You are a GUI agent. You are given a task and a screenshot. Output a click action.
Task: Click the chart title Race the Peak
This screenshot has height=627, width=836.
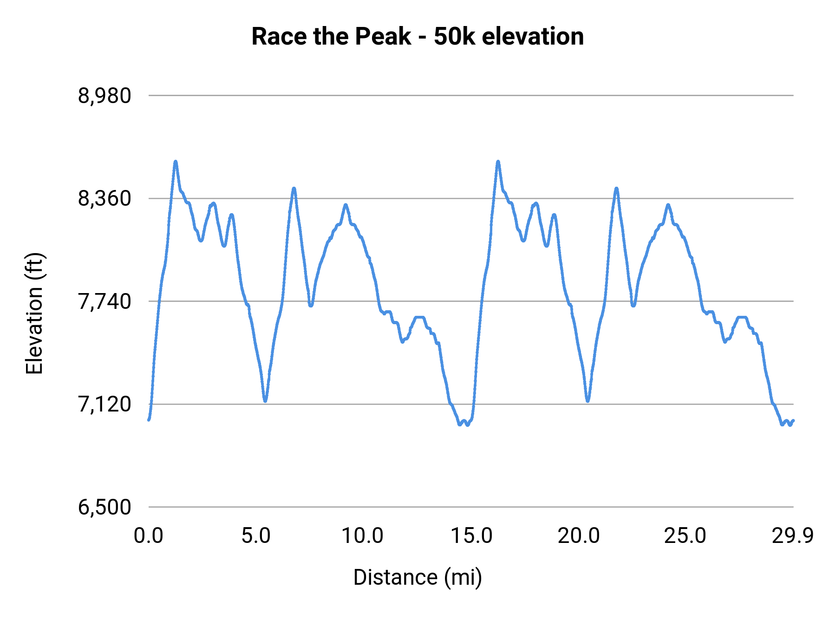tap(417, 36)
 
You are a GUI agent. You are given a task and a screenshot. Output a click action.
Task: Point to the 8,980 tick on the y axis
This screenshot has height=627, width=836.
tap(104, 96)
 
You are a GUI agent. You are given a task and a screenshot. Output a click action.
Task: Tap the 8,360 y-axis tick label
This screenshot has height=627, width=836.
tap(104, 199)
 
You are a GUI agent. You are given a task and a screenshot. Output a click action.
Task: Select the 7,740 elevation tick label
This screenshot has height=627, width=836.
tap(104, 302)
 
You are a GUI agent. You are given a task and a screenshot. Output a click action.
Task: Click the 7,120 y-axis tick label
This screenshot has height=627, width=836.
tap(104, 405)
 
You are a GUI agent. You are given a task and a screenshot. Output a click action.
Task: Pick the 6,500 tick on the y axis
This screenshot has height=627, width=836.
tap(104, 507)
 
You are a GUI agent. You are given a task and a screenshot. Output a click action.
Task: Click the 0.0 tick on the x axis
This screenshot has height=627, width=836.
tap(149, 536)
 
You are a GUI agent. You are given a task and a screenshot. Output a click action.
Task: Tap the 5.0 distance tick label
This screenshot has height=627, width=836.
tap(256, 536)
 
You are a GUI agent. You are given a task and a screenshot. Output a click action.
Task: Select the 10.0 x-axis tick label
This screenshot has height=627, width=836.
tap(363, 536)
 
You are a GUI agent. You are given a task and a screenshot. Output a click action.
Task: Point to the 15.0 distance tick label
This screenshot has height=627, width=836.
tap(471, 536)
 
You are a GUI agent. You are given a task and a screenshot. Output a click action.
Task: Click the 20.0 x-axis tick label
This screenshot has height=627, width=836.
tap(579, 536)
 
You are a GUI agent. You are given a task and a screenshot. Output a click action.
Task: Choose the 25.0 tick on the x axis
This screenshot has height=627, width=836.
tap(685, 536)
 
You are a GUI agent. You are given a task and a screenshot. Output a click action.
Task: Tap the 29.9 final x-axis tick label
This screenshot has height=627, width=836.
tap(793, 536)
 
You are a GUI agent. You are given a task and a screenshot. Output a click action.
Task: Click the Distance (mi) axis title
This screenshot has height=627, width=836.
tap(417, 577)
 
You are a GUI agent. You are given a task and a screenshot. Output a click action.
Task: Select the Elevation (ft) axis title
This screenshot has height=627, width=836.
tap(34, 313)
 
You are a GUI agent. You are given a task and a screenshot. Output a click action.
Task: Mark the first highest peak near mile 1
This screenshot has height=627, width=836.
tap(176, 162)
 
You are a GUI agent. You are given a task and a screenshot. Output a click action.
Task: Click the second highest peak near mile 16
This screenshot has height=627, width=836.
tap(498, 162)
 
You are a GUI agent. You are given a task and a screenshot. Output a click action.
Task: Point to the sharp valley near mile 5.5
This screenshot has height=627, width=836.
tap(265, 401)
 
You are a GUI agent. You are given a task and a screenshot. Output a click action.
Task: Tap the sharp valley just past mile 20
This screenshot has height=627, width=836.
tap(588, 401)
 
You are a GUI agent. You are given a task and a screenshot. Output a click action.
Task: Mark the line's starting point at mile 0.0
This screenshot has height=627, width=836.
tap(149, 420)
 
